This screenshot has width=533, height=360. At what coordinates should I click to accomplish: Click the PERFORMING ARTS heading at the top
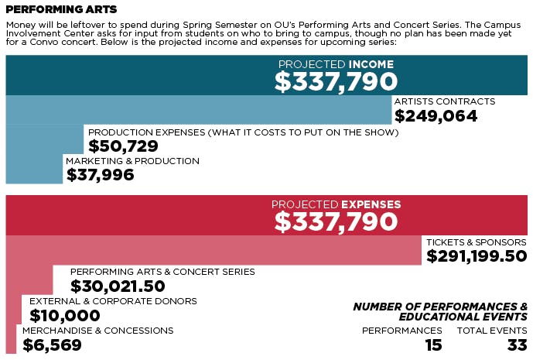point(62,9)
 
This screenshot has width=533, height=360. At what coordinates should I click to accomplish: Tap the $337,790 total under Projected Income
point(336,81)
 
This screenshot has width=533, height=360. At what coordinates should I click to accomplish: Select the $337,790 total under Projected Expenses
point(336,222)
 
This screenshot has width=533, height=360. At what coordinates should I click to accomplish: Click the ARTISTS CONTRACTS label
point(444,101)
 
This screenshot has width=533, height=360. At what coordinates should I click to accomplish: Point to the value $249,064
point(436,116)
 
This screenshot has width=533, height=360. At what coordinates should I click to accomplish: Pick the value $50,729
point(123,146)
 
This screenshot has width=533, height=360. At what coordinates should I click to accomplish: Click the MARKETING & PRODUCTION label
point(132,161)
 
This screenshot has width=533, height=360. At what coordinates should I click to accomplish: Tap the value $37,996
point(100,175)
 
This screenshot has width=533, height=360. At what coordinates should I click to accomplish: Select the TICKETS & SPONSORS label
point(477,242)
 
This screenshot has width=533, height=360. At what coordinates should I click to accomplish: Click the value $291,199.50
point(477,256)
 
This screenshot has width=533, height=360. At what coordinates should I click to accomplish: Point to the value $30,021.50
point(118,286)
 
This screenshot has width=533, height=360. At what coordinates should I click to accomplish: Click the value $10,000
point(65,315)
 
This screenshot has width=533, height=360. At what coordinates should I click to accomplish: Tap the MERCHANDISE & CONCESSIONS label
point(97,331)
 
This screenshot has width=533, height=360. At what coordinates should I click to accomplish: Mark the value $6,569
point(52,345)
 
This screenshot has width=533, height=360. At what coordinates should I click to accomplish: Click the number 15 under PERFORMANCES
point(433,345)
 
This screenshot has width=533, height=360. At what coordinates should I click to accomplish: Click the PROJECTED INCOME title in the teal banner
point(336,63)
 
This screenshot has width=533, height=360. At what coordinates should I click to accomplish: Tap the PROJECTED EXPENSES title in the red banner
point(336,204)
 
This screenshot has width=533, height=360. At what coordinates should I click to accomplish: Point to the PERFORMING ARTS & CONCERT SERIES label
point(162,272)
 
